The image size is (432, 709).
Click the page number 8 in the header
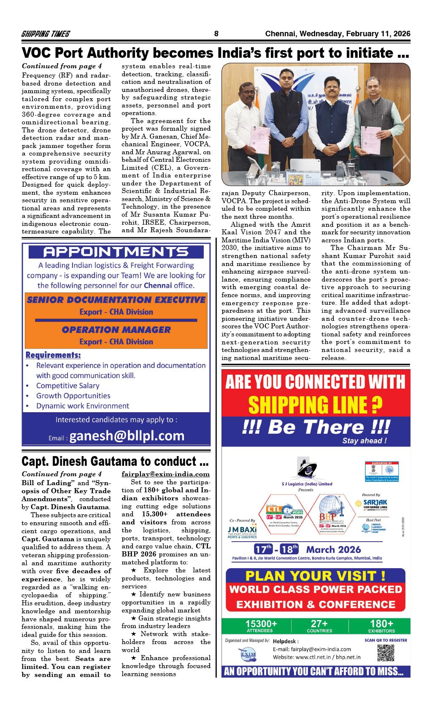coord(216,34)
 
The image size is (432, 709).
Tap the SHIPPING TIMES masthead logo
coord(46,34)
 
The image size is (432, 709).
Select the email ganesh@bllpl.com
coord(127,435)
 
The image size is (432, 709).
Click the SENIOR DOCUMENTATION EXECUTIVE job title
coord(116,300)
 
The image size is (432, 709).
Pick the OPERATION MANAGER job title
coord(116,330)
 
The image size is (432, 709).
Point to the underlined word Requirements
coord(53,355)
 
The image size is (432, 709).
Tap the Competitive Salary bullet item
coord(67,386)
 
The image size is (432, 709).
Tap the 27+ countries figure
coord(319,624)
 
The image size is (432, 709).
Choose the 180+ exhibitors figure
coord(381,624)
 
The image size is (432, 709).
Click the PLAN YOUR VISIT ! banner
coord(315,575)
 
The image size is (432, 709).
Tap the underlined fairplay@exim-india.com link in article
coord(165,474)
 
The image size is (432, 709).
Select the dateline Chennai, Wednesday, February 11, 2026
coord(337,34)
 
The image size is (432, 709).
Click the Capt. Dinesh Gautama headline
coord(115,462)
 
